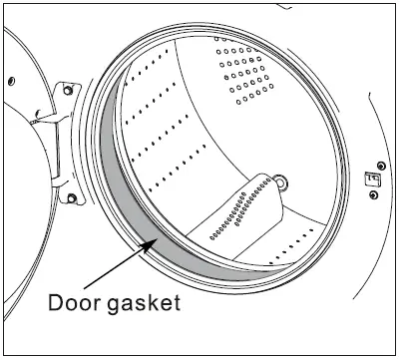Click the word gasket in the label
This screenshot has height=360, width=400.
pyautogui.click(x=146, y=300)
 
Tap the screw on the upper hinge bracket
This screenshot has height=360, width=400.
pyautogui.click(x=67, y=90)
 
